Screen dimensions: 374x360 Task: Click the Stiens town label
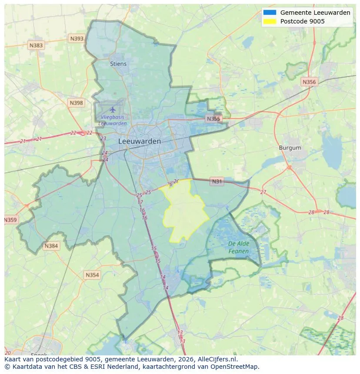[118, 64]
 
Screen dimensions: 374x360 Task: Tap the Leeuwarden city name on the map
[140, 141]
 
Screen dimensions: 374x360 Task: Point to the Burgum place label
[290, 148]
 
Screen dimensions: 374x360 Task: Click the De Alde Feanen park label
[239, 248]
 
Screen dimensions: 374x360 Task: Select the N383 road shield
[36, 45]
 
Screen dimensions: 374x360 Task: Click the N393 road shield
[77, 39]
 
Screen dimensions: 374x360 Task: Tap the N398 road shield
[76, 103]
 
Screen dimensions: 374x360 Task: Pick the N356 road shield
[309, 82]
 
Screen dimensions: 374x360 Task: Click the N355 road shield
[213, 119]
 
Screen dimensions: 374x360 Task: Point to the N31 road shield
[217, 182]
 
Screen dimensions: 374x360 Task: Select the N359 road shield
[10, 220]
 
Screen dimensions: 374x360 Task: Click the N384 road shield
[51, 246]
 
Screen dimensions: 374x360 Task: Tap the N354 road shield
[92, 275]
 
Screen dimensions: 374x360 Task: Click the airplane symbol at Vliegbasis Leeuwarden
[113, 109]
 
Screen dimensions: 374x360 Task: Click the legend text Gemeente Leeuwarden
[315, 13]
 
